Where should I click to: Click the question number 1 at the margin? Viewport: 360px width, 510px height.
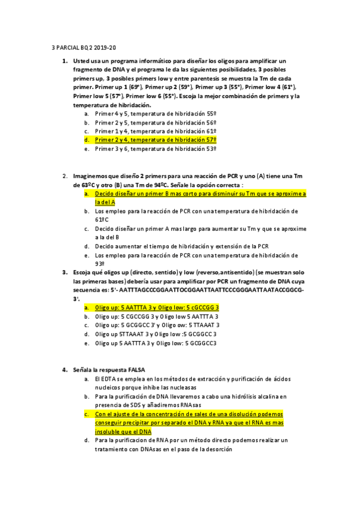click(65, 61)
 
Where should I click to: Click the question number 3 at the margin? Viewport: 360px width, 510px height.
click(65, 272)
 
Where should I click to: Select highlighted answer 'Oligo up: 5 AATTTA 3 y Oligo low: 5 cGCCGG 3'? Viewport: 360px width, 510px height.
click(157, 307)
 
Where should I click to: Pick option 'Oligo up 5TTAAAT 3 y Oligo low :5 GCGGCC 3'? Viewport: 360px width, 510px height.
click(156, 334)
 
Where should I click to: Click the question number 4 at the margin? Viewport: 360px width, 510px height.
click(65, 369)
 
